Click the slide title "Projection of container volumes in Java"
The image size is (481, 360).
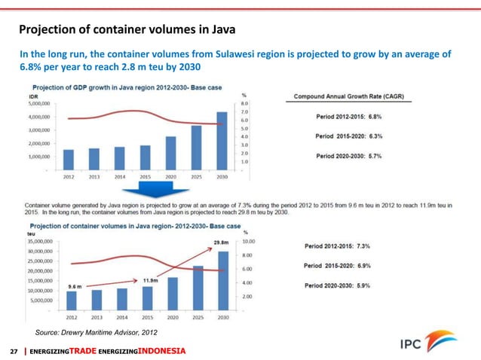[127, 30]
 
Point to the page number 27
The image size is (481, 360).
[13, 352]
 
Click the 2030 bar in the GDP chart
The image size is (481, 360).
[221, 141]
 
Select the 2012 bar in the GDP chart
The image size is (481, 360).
[69, 160]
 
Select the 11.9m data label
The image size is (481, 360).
[149, 280]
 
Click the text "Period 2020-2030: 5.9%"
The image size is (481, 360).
[348, 285]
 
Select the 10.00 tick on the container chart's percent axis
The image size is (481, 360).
[251, 242]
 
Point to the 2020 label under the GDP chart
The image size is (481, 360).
[170, 178]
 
